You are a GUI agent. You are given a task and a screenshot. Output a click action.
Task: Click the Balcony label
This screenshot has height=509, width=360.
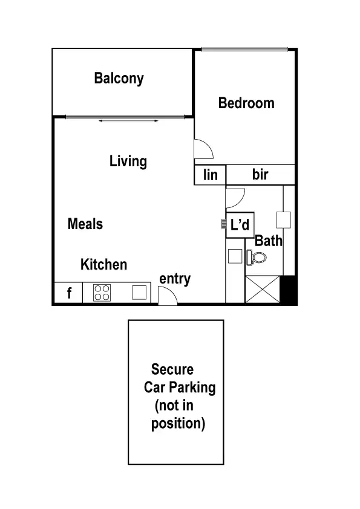click(x=119, y=79)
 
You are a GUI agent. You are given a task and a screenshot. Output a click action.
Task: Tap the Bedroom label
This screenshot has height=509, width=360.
click(x=246, y=103)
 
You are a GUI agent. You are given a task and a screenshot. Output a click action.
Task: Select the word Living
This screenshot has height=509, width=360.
click(x=128, y=161)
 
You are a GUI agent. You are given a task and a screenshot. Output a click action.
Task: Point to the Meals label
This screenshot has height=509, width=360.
click(x=85, y=224)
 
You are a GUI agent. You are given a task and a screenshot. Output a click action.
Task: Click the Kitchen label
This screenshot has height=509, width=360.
click(x=104, y=265)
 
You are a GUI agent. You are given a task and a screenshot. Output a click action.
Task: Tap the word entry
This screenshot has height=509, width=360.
click(x=175, y=279)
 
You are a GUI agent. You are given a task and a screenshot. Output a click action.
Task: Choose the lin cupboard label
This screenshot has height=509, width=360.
click(x=210, y=175)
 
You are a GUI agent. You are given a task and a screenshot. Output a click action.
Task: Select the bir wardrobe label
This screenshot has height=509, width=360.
click(x=260, y=175)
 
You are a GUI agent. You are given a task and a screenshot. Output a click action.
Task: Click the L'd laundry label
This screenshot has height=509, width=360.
click(x=240, y=225)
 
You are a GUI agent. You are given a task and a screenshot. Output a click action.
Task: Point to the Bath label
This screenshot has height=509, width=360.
click(x=269, y=241)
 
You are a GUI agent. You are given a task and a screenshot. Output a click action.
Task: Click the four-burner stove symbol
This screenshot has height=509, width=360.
click(x=102, y=293)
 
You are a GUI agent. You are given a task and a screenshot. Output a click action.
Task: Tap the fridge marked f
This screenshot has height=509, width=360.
click(x=69, y=294)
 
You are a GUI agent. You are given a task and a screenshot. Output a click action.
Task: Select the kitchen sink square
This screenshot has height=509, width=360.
click(x=140, y=293)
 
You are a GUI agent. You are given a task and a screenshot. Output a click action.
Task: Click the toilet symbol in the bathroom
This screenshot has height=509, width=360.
click(x=257, y=258)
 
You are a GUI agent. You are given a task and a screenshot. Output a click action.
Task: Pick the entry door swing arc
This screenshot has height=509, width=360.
click(x=167, y=296)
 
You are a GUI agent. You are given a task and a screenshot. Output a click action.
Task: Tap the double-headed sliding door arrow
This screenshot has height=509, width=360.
click(x=129, y=122)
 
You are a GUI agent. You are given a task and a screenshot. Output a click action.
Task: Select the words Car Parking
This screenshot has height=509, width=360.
click(x=180, y=387)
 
